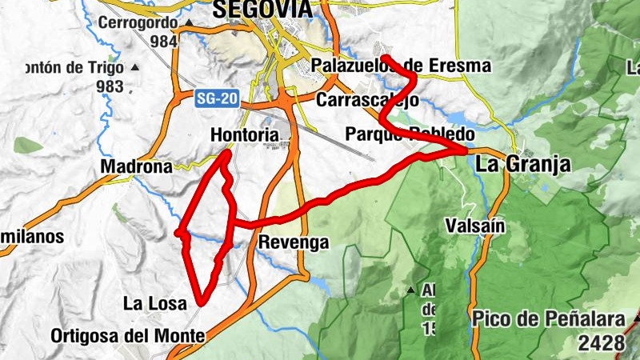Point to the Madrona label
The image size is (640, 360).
coord(136,166)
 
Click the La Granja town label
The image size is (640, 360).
coord(523,165)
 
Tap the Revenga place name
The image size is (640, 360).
coord(294,242)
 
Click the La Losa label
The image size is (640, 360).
coord(154,303)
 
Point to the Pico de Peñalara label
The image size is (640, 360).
coord(548,320)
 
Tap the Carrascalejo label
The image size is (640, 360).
coord(367,100)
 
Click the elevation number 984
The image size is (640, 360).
coord(162,41)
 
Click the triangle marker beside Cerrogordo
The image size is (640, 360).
coord(189,23)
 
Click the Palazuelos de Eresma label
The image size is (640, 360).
coord(402,66)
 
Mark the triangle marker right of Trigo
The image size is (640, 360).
coord(135,68)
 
